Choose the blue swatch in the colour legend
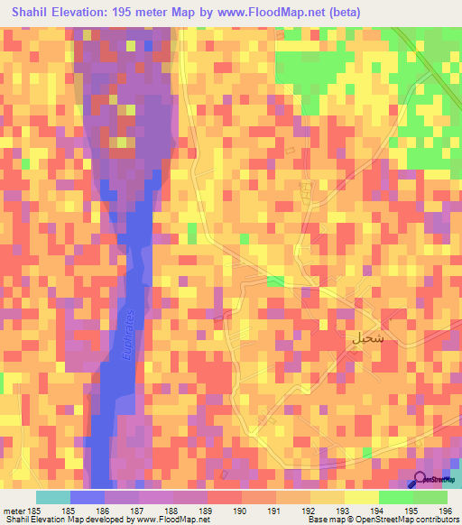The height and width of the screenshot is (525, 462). coord(88,497)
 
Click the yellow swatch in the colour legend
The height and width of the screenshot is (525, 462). coord(362,497)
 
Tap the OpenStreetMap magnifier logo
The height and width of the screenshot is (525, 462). coord(421,480)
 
